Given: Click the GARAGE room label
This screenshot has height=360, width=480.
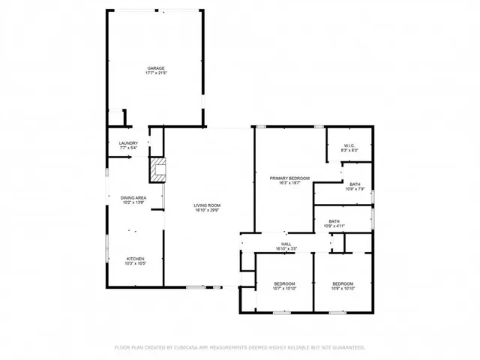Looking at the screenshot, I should click(x=155, y=67).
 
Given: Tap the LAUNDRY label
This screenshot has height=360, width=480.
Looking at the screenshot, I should click(x=129, y=142).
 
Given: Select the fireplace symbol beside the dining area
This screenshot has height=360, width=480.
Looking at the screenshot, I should click(x=157, y=170).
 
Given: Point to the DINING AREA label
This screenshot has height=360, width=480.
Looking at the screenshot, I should click(x=133, y=197).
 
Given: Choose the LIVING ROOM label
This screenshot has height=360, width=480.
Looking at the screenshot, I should click(x=207, y=205).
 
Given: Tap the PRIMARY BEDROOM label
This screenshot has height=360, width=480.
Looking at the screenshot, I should click(x=289, y=177).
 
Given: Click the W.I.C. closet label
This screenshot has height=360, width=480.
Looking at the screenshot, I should click(x=349, y=145).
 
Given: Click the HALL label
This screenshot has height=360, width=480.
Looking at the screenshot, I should click(x=286, y=243).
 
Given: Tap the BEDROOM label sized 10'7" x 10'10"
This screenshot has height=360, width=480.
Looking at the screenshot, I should click(x=285, y=283).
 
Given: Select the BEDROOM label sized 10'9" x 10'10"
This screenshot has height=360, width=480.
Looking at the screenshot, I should click(x=342, y=283).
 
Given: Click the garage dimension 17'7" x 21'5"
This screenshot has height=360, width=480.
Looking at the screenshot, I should click(x=155, y=73).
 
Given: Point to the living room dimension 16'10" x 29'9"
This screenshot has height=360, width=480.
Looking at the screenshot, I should click(x=207, y=210).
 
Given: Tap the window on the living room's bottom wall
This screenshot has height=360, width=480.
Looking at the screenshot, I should click(x=197, y=286).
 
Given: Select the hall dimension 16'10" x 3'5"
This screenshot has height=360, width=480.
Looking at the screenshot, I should click(x=286, y=248).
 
